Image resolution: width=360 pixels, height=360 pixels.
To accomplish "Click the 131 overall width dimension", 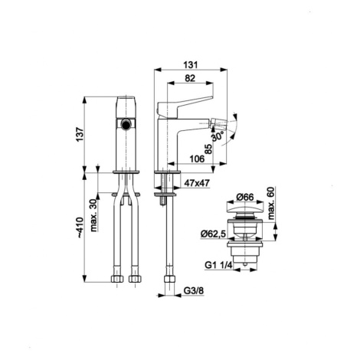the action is pyautogui.click(x=190, y=65).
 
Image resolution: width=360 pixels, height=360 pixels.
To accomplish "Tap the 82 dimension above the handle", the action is pyautogui.click(x=190, y=78).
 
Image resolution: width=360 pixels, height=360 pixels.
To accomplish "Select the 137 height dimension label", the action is pyautogui.click(x=80, y=135).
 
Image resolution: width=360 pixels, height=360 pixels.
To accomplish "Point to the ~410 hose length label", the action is pyautogui.click(x=80, y=227).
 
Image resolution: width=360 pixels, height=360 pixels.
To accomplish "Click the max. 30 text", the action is pyautogui.click(x=93, y=215).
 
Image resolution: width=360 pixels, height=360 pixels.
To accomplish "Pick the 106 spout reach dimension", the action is pyautogui.click(x=197, y=159).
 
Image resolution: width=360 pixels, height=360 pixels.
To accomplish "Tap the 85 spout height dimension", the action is pyautogui.click(x=208, y=149).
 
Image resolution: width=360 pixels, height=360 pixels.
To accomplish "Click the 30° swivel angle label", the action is pyautogui.click(x=218, y=136).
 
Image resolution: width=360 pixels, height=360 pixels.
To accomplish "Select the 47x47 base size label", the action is pyautogui.click(x=197, y=183).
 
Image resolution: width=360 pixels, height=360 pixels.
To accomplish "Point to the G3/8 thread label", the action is pyautogui.click(x=194, y=290).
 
